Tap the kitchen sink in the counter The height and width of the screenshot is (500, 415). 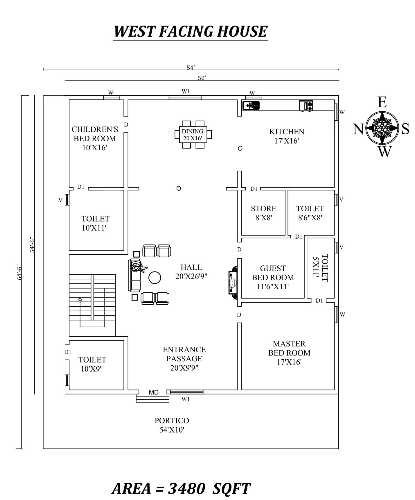(251, 105)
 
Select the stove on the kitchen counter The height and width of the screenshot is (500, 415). (306, 106)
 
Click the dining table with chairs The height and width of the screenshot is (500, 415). (193, 135)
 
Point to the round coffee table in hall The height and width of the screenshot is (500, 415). (154, 278)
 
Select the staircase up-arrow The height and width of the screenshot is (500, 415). (80, 299)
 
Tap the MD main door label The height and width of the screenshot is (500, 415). (154, 392)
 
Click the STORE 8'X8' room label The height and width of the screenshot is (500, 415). (263, 213)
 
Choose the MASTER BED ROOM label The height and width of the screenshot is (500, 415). (289, 353)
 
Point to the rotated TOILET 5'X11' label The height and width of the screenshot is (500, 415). (320, 268)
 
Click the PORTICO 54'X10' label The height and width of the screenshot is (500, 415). (172, 425)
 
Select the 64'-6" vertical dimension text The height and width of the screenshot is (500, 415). (19, 272)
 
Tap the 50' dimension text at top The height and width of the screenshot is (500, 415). (202, 78)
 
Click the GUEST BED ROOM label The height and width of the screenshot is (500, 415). (273, 277)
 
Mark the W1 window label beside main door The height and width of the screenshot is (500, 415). (186, 399)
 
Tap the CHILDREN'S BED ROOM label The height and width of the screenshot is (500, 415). (95, 138)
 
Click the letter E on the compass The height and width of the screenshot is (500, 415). (382, 103)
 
